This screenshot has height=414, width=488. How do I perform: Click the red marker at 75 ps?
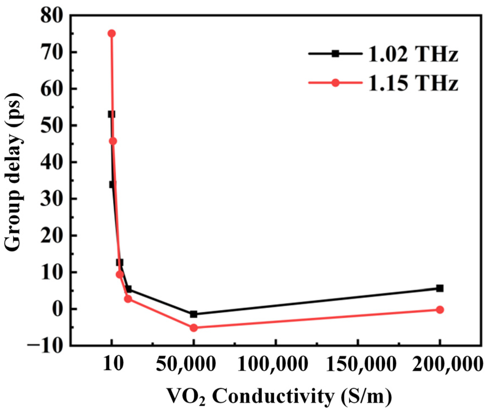(111, 34)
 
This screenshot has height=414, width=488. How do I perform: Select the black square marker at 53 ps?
(111, 114)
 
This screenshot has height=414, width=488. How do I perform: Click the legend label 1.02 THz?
(413, 54)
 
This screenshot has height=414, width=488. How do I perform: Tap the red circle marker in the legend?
(336, 83)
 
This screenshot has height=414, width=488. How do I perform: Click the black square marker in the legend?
(336, 54)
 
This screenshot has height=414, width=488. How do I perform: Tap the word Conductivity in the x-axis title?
(273, 396)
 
